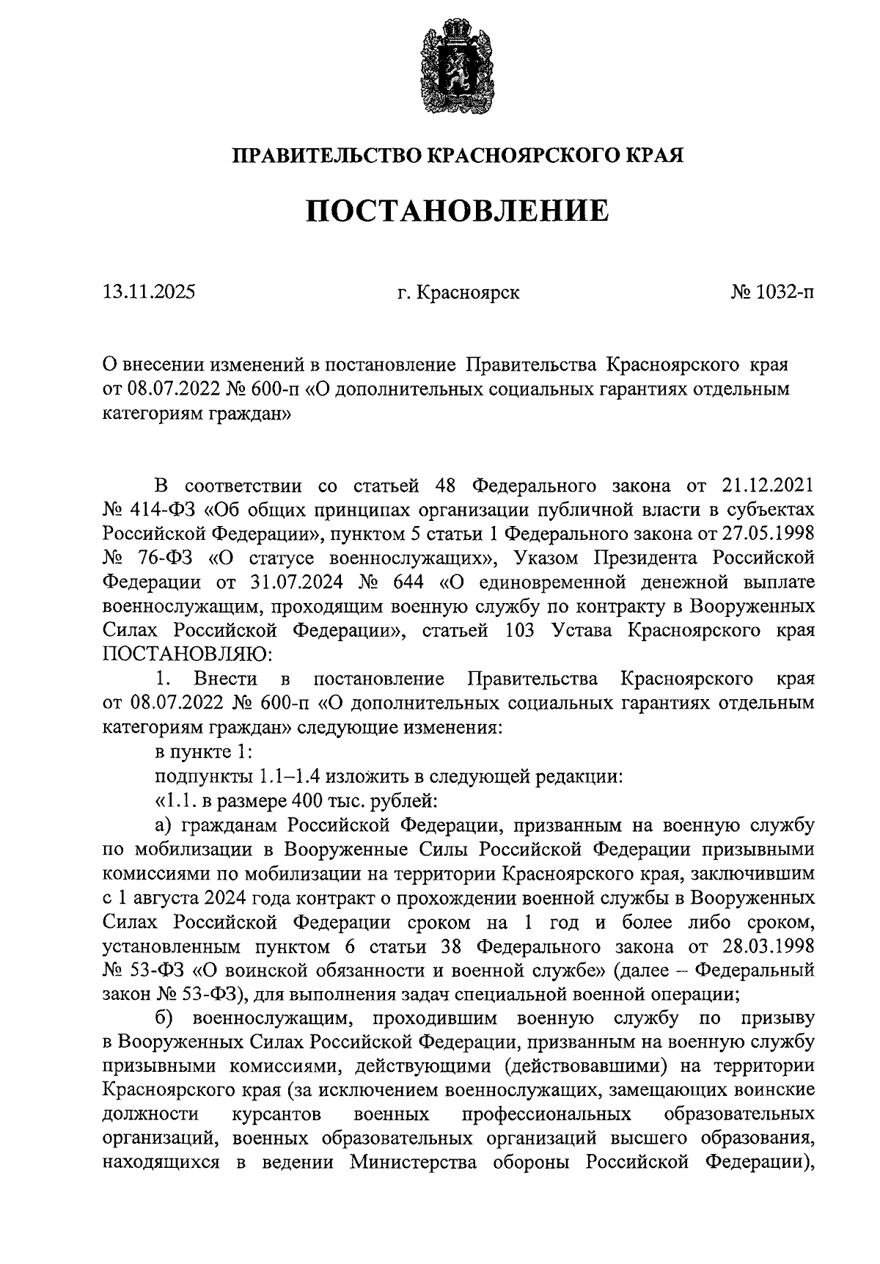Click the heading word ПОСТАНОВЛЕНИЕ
457,211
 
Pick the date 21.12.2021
766,486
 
